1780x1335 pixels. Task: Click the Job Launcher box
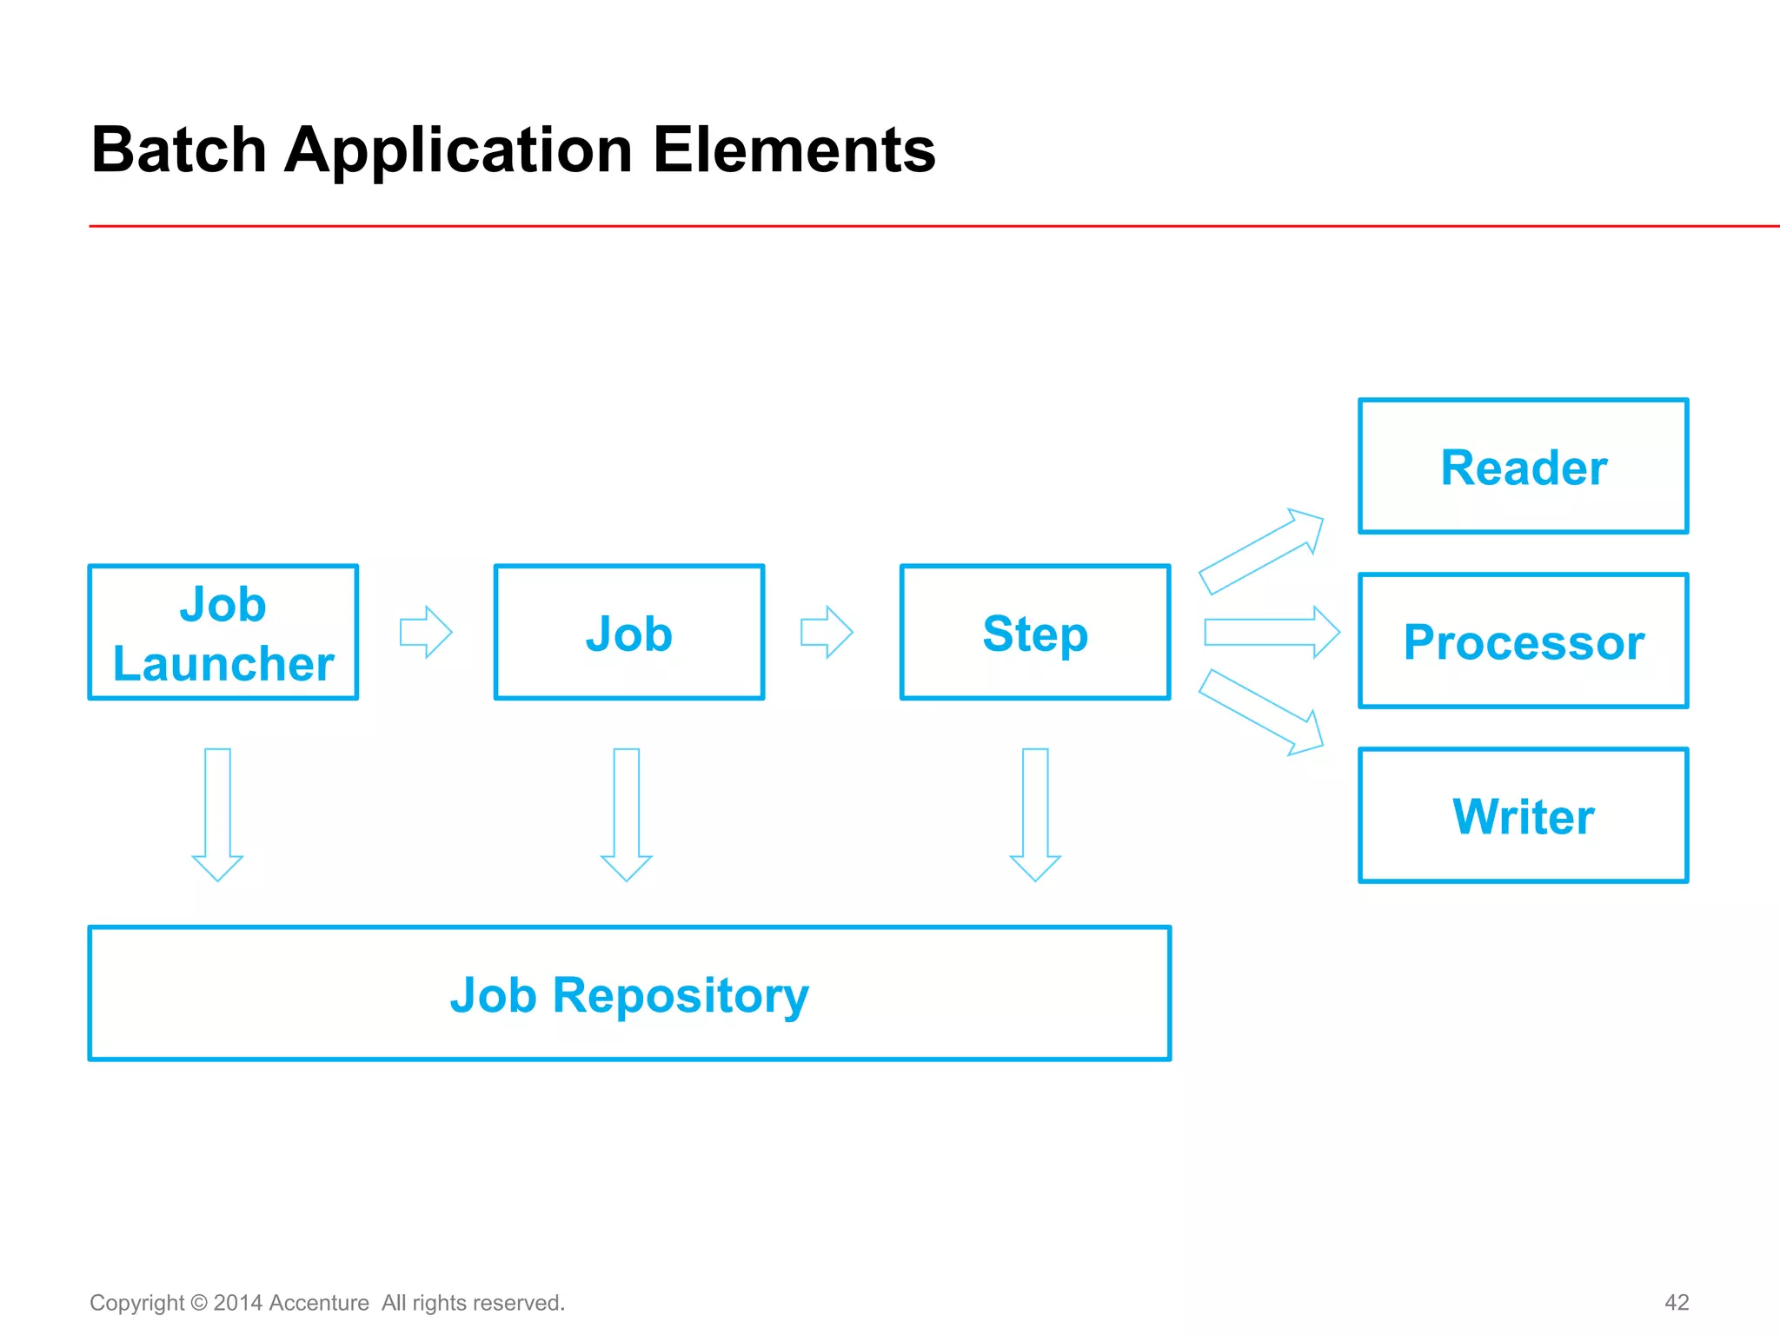coord(223,632)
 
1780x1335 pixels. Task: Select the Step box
coord(1035,632)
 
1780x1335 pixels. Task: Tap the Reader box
coord(1523,467)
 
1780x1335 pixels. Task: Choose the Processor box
coord(1523,641)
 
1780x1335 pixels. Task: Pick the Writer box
coord(1523,815)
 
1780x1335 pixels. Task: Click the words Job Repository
coord(629,994)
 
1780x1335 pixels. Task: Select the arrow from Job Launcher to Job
coord(426,632)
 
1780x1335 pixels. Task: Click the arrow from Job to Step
coord(827,632)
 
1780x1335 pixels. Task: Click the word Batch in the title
coord(178,149)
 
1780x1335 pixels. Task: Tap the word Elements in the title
coord(794,149)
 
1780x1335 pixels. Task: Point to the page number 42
coord(1676,1302)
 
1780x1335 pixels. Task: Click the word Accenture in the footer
coord(319,1303)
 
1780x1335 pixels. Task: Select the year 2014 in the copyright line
coord(237,1303)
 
